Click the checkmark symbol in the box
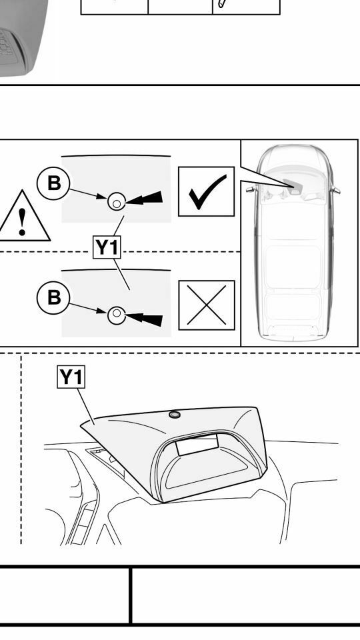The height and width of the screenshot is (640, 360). (207, 191)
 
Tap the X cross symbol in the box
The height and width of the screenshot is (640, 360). (207, 305)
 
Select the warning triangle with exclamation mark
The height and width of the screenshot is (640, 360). (23, 216)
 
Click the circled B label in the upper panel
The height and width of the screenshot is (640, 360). (53, 183)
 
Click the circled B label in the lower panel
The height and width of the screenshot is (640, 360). (53, 297)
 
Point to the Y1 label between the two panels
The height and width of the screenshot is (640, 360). (107, 247)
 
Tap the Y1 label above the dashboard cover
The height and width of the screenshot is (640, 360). (71, 377)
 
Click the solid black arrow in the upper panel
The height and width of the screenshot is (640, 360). (144, 199)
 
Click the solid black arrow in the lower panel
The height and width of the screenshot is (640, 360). (144, 319)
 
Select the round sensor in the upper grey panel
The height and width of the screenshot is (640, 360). (117, 201)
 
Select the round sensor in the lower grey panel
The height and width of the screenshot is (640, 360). (117, 315)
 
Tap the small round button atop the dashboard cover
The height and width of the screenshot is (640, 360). (175, 415)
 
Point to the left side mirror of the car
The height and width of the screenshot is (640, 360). (250, 189)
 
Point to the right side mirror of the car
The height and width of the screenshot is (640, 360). (335, 190)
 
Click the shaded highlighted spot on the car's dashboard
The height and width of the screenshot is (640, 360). (292, 185)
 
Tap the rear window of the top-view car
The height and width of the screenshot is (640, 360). (293, 331)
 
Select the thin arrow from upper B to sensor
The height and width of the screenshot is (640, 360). (88, 193)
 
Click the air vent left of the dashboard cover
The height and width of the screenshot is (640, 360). (105, 461)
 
